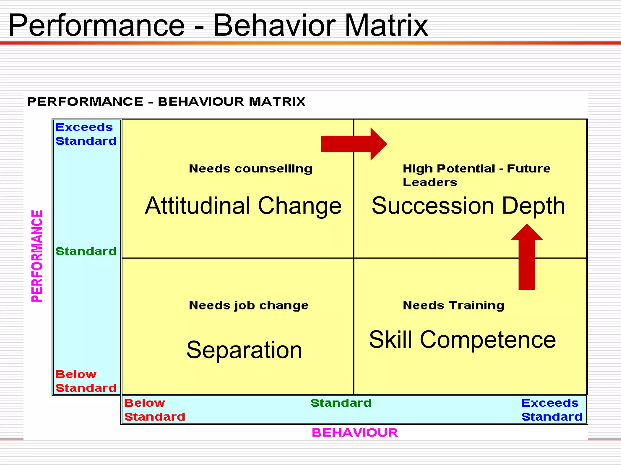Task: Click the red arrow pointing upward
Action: pos(527,258)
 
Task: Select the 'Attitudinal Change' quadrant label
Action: pos(243,206)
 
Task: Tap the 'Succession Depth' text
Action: pos(468,206)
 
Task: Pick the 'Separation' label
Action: pos(244,350)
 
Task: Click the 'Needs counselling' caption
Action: pos(250,169)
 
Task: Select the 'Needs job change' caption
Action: pos(249,306)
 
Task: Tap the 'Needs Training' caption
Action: pos(454,306)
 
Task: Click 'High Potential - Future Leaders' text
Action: pos(476,175)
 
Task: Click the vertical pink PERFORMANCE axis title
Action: pos(37,256)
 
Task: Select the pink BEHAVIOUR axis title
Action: pos(354,433)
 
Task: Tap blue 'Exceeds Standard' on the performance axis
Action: pos(86,134)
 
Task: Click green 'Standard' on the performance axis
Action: pos(86,252)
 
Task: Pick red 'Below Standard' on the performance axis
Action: pos(86,381)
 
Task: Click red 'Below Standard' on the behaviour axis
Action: pos(154,410)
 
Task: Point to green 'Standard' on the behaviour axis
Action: pos(341,403)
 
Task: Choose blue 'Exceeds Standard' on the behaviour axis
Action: pos(552,410)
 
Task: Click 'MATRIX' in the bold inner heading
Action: pos(277,102)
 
